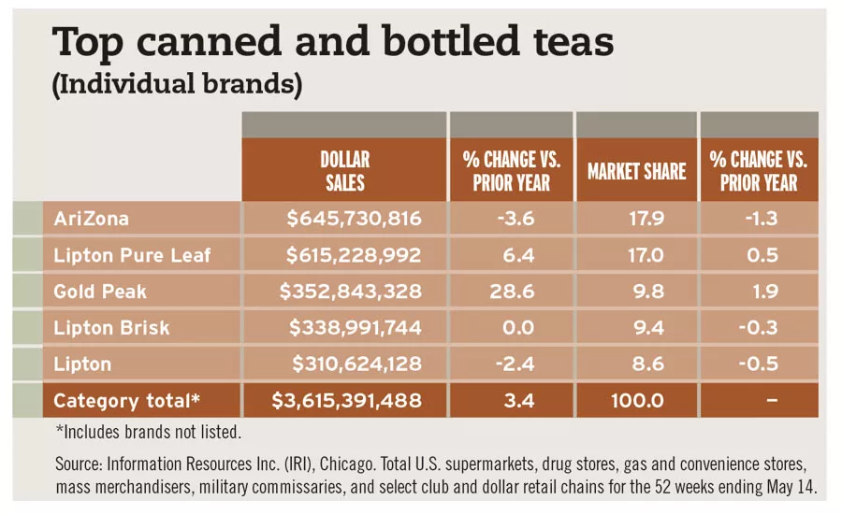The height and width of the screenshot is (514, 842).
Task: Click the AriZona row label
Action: point(92,219)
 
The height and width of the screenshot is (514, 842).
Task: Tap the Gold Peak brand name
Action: point(100,292)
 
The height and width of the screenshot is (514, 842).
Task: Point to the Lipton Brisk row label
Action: point(112,328)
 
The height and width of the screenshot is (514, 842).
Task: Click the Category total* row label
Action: point(127,401)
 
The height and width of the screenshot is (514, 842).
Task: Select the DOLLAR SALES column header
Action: point(344,170)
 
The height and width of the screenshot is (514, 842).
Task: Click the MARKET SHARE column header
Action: point(636,171)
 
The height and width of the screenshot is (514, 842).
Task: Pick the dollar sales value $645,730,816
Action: point(355,219)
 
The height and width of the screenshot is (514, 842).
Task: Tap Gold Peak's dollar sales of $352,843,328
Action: point(351,292)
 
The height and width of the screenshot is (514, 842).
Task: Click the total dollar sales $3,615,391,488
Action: point(346,401)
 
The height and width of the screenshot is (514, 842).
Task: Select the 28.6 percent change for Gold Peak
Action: point(512,292)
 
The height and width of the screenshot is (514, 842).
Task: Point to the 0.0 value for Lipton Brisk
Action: point(512,328)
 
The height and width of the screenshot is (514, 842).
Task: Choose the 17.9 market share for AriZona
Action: point(636,219)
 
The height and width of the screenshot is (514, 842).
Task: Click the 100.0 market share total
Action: point(636,401)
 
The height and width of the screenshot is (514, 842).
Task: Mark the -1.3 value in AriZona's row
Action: point(759,219)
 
